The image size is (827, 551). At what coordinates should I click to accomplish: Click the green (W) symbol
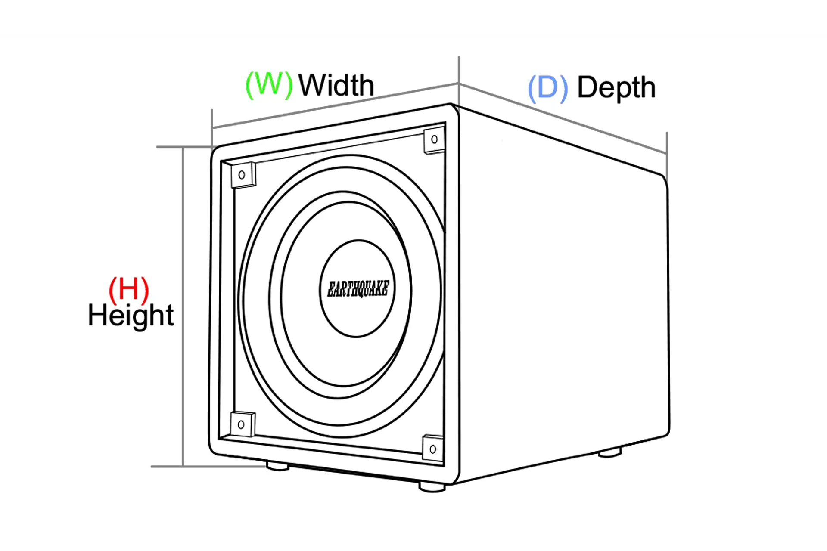tap(269, 85)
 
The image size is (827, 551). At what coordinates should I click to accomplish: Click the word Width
tap(336, 85)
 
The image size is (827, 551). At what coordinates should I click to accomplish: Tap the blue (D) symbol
tap(547, 88)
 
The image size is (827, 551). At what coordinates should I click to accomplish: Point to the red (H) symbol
tap(129, 289)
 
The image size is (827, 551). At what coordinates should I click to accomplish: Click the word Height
tap(131, 316)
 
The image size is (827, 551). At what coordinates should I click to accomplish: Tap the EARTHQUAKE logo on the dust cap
tap(358, 289)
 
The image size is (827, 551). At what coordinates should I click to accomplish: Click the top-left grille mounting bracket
tap(243, 175)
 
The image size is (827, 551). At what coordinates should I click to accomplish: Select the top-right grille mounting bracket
tap(434, 140)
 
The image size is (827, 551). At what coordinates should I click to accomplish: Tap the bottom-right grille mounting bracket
tap(433, 449)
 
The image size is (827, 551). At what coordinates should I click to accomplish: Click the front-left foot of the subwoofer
tap(277, 466)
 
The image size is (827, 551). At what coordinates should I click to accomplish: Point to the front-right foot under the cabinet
tap(432, 487)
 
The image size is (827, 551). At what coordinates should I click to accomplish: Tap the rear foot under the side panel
tap(610, 452)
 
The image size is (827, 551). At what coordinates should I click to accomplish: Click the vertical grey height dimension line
tap(183, 301)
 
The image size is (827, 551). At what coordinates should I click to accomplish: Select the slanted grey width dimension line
tap(336, 105)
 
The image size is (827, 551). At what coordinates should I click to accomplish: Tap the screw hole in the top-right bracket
tap(434, 139)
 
